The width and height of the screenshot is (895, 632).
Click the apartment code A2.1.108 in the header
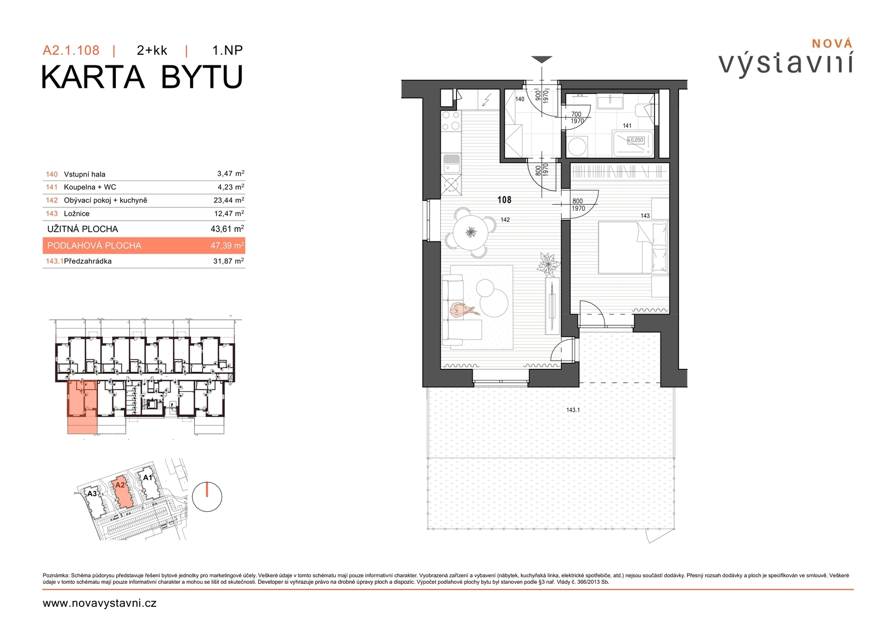click(x=71, y=50)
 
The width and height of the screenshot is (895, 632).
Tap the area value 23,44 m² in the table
click(x=229, y=200)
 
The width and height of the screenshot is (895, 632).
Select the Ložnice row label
click(x=77, y=213)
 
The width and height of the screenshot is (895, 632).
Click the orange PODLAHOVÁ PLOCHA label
click(x=95, y=245)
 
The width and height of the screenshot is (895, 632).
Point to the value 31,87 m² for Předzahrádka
click(x=229, y=261)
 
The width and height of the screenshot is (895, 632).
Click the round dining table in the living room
click(x=470, y=232)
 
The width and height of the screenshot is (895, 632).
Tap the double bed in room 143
click(x=633, y=248)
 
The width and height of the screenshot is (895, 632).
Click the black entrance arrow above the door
click(x=542, y=60)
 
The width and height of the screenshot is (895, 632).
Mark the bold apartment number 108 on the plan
click(x=504, y=199)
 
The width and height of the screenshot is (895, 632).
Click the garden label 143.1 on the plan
click(x=573, y=410)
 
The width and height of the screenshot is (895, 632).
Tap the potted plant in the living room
click(x=549, y=264)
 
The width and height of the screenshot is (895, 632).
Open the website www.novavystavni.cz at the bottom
click(x=100, y=604)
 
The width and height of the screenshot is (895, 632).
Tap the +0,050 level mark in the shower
click(x=635, y=140)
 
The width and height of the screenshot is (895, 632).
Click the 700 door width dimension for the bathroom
click(x=576, y=114)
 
